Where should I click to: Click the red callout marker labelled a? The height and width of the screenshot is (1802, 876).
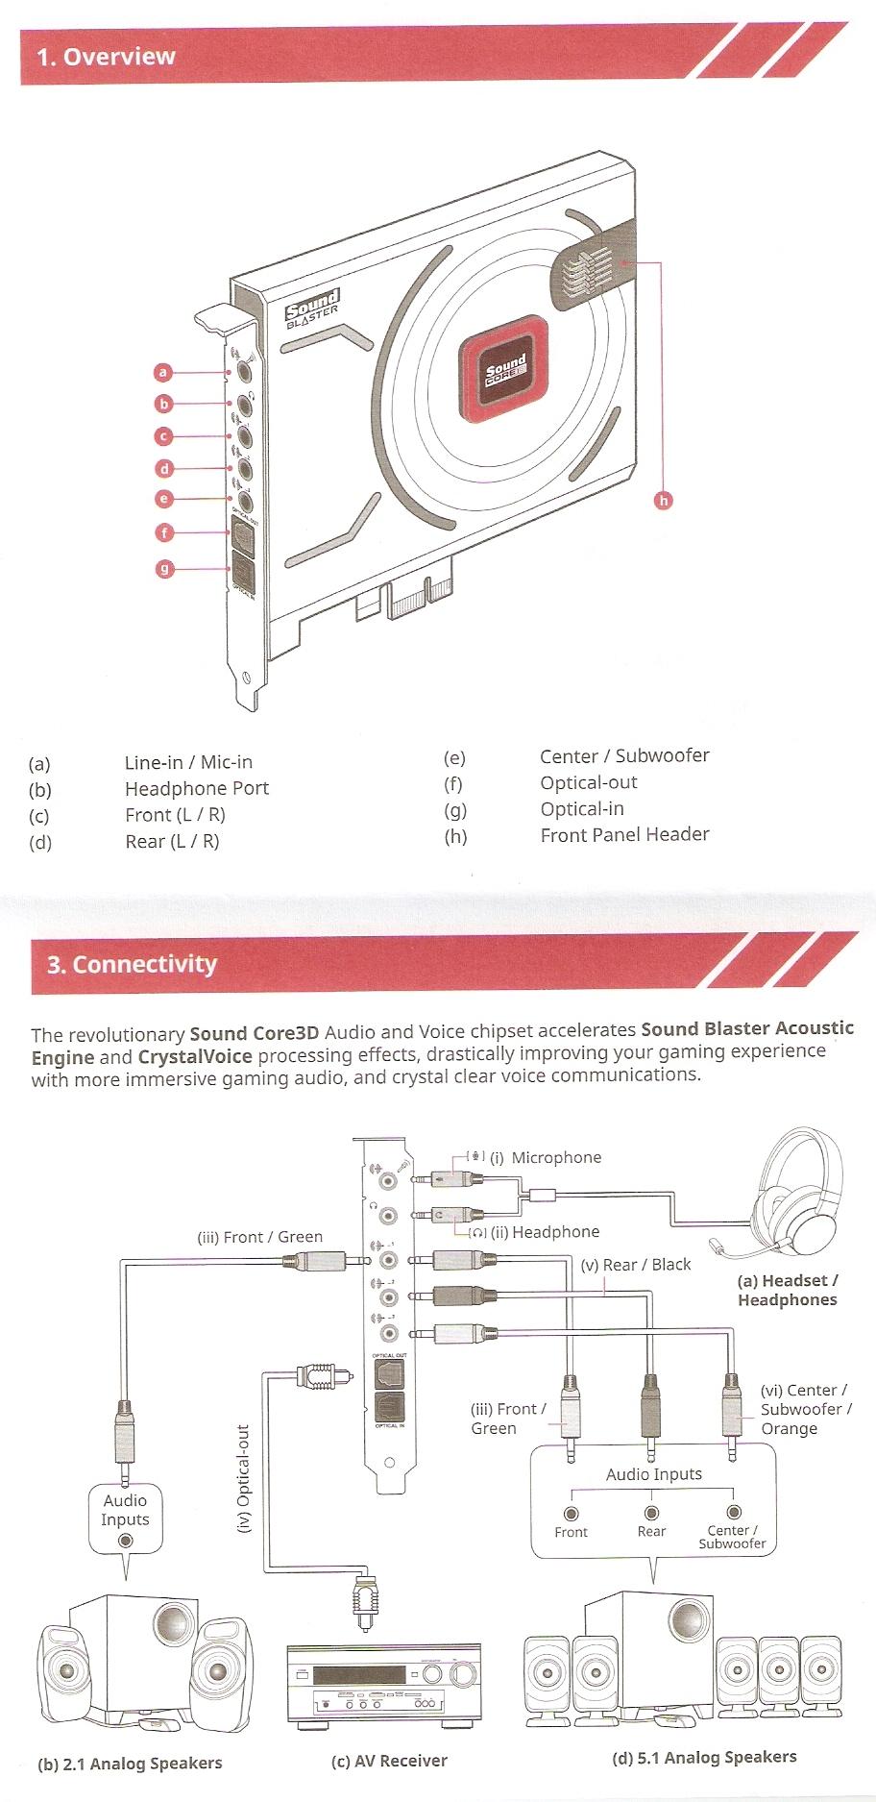click(163, 372)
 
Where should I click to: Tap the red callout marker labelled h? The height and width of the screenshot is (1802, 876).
click(663, 500)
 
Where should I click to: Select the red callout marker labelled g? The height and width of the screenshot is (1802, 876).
click(165, 569)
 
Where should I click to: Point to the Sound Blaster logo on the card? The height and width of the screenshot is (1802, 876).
click(312, 311)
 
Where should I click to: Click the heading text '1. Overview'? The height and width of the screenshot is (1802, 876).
click(106, 57)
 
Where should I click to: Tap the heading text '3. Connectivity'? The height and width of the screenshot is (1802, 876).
click(132, 964)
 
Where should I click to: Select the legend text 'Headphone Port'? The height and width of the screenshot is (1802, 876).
click(197, 788)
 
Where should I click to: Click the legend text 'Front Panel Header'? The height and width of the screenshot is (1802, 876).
click(624, 834)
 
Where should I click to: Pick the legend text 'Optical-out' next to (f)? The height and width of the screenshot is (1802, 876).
click(589, 782)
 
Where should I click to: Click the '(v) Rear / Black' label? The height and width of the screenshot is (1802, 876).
click(636, 1265)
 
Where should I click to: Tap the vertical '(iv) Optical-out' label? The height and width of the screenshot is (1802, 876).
click(243, 1479)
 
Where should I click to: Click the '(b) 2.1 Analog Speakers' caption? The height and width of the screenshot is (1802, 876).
click(130, 1764)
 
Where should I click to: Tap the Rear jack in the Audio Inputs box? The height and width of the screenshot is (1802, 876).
click(651, 1513)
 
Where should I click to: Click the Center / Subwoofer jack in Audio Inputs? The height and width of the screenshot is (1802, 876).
click(734, 1513)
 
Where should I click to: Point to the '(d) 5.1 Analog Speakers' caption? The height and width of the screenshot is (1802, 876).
click(704, 1758)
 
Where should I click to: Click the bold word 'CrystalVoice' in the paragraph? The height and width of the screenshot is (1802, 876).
click(195, 1056)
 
